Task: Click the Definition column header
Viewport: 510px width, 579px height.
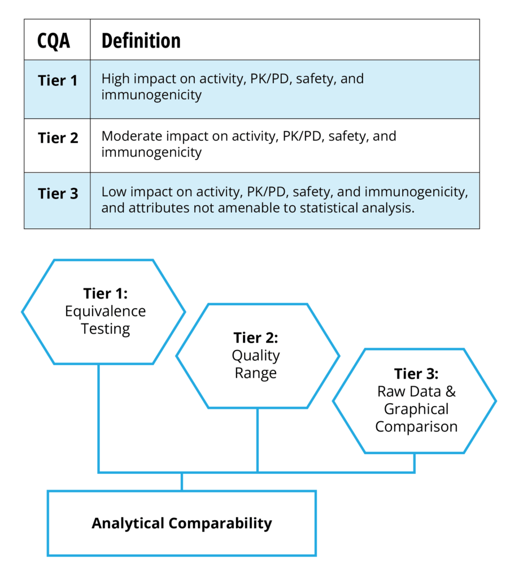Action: point(141,41)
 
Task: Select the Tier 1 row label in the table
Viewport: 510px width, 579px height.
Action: point(58,80)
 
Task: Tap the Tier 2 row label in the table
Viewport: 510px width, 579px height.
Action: point(58,137)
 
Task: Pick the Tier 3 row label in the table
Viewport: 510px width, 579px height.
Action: point(58,193)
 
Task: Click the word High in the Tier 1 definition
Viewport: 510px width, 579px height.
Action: point(115,79)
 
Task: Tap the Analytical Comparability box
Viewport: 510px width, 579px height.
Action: point(181,523)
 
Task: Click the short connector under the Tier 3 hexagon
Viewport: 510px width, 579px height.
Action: point(414,463)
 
